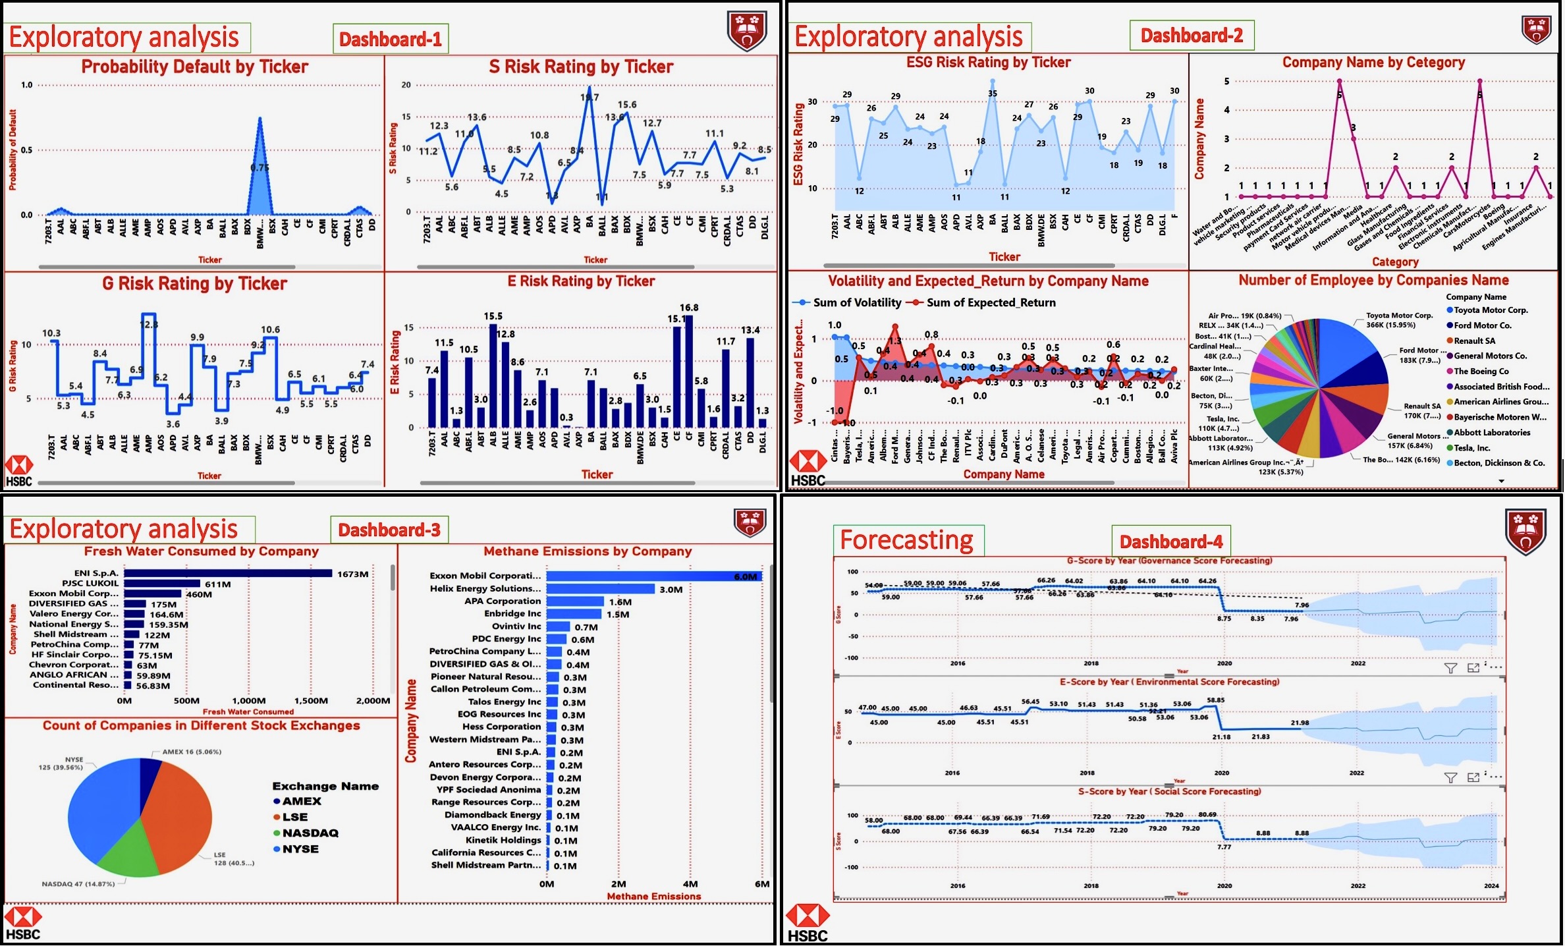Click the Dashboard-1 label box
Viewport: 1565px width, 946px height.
(x=391, y=40)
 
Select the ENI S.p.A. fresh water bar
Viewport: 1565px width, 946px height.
(x=228, y=574)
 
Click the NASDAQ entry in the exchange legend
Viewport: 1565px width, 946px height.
(x=310, y=833)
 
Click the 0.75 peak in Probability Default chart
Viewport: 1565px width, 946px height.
(x=260, y=167)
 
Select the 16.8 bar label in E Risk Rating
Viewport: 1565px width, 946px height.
(x=689, y=308)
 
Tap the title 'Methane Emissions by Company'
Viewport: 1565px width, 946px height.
(x=588, y=551)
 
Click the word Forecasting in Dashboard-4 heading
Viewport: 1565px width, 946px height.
(x=906, y=540)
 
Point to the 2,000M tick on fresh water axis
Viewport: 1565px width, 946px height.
(x=373, y=701)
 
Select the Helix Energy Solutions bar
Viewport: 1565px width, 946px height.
(x=600, y=589)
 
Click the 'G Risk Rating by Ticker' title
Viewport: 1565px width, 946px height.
(x=194, y=284)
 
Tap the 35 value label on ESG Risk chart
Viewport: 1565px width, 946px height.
(x=993, y=94)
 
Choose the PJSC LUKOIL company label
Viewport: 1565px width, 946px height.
(x=90, y=584)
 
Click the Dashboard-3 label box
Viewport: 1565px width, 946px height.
(x=389, y=530)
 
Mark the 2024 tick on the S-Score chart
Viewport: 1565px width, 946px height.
(x=1491, y=886)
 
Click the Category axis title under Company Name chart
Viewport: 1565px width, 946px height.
(x=1394, y=262)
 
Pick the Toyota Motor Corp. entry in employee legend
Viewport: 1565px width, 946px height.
(x=1491, y=310)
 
